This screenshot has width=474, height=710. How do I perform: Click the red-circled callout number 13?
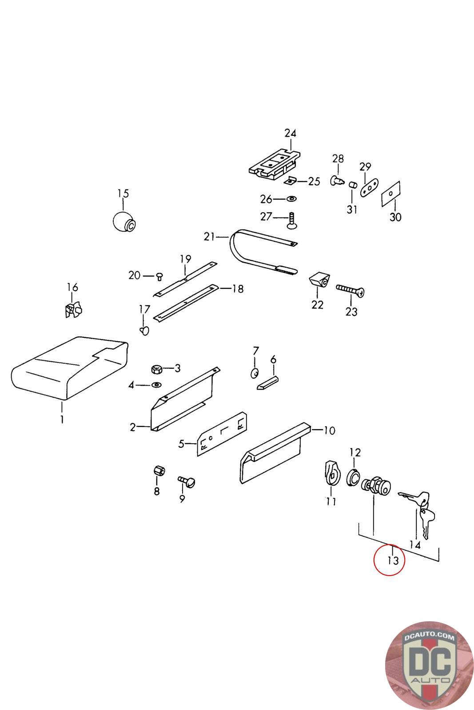(x=389, y=560)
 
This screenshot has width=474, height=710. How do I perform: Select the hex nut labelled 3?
(x=156, y=369)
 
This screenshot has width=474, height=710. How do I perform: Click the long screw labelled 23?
(x=351, y=290)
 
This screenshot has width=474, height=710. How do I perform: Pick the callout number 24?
(x=290, y=133)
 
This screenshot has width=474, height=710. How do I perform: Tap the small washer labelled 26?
(x=292, y=198)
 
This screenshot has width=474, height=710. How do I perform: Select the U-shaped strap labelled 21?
(x=258, y=252)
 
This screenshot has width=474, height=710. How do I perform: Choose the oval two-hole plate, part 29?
(x=369, y=187)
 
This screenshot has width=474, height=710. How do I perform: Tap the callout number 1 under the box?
(x=62, y=419)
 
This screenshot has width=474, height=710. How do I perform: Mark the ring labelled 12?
(x=353, y=477)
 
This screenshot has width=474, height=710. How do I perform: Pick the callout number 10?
(x=329, y=430)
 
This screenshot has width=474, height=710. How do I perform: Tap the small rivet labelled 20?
(x=158, y=277)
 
